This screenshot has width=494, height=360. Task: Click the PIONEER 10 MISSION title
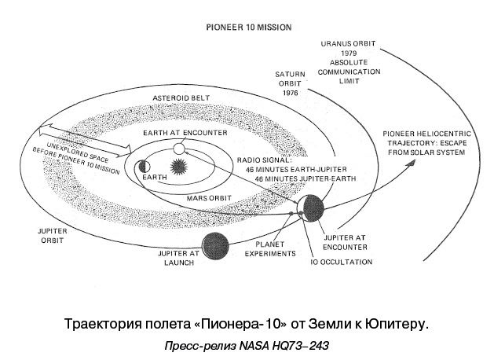249,27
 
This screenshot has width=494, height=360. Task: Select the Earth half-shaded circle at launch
144,166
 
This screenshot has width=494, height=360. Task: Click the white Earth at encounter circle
179,149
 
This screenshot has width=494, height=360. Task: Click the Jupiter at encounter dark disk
312,208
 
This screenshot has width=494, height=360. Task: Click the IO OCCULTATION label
341,263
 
